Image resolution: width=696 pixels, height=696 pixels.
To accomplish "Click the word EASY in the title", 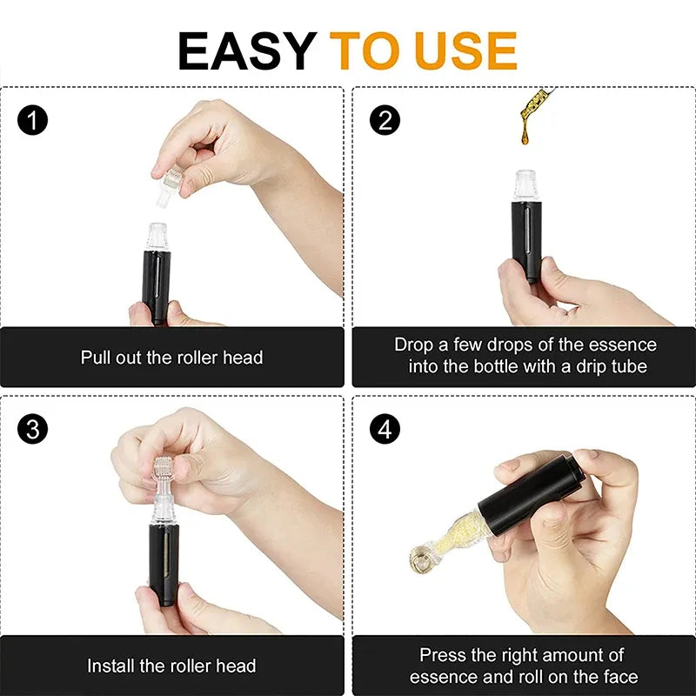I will (x=246, y=50).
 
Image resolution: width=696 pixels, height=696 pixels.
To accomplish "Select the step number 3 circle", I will (x=32, y=429).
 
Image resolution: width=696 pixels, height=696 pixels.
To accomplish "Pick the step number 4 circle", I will (x=385, y=429).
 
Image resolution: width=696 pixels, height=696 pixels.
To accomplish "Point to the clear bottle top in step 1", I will (x=157, y=236).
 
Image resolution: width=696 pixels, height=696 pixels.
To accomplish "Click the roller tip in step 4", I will (x=420, y=558).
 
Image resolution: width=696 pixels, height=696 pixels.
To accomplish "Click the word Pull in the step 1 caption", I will (x=97, y=358).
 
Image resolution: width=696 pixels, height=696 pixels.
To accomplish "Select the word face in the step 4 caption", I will (x=619, y=677).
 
